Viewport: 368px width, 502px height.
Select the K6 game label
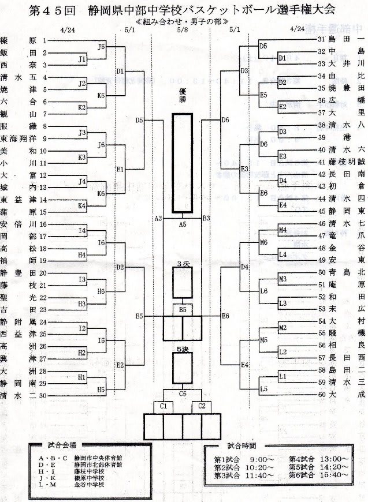pyautogui.click(x=101, y=194)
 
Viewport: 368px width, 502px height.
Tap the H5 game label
pyautogui.click(x=101, y=389)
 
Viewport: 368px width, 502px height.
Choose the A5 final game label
pyautogui.click(x=183, y=223)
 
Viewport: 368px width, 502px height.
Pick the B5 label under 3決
pyautogui.click(x=183, y=310)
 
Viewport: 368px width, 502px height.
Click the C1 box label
pyautogui.click(x=163, y=405)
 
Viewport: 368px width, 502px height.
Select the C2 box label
pyautogui.click(x=203, y=405)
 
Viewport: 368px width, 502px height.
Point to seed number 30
pyautogui.click(x=43, y=395)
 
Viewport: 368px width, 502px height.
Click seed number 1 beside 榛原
pyautogui.click(x=44, y=41)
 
